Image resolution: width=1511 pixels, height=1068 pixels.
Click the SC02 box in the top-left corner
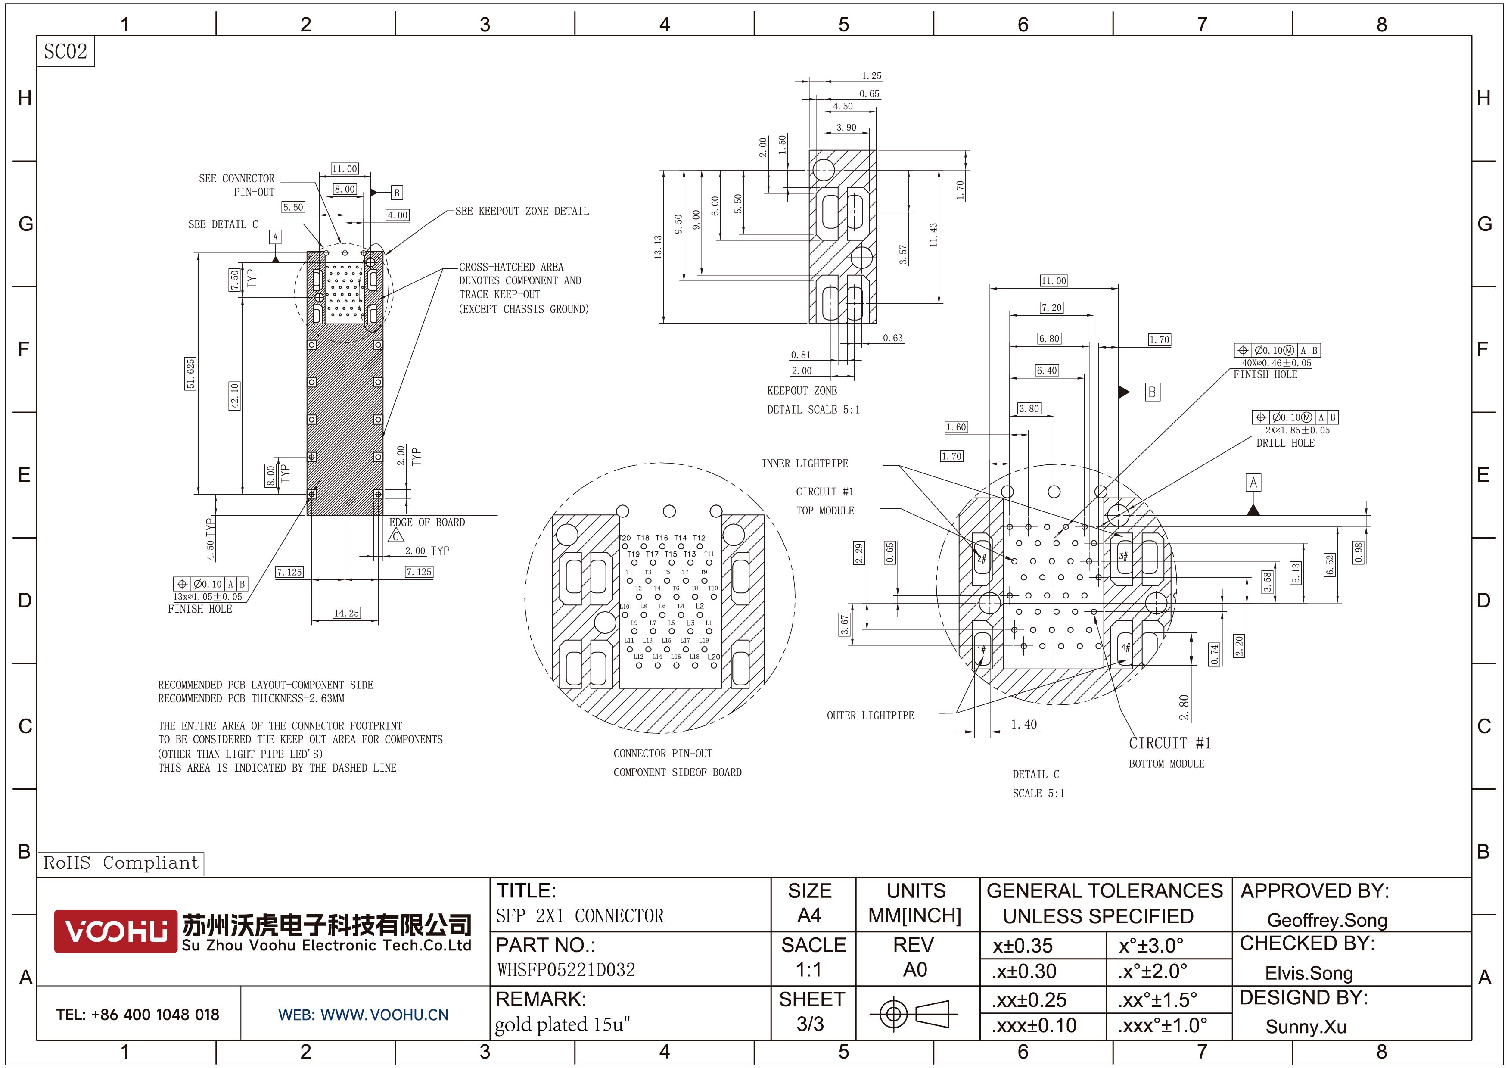(65, 51)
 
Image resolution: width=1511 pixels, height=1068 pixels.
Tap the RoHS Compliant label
(121, 862)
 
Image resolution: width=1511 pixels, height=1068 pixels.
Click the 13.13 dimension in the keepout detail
(657, 247)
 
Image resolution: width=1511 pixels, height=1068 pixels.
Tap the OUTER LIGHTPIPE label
(870, 715)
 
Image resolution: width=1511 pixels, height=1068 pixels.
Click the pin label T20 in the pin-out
(625, 538)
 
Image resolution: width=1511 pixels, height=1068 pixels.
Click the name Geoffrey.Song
(1327, 920)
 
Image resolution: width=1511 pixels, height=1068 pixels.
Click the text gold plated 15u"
(562, 1024)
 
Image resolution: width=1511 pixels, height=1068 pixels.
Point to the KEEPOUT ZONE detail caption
(802, 390)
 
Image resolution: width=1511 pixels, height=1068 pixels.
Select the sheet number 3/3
(810, 1024)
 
